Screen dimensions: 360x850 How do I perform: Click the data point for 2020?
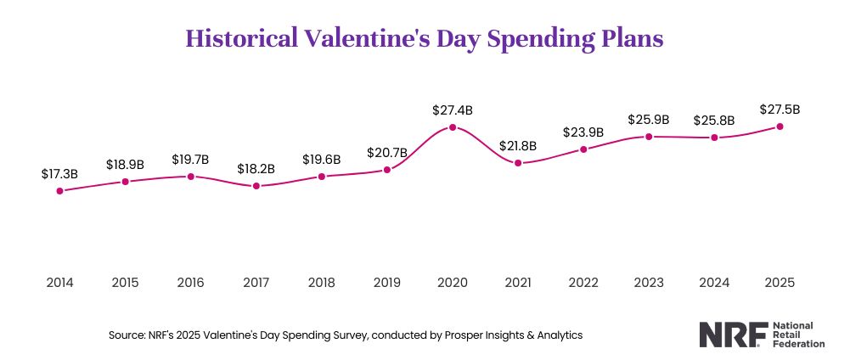[453, 127]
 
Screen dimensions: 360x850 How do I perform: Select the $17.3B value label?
[59, 173]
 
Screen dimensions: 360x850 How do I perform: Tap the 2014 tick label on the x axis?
[59, 281]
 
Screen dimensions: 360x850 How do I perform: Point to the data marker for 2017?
[256, 186]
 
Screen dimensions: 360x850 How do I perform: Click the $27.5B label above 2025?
[780, 110]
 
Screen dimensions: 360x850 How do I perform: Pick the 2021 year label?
[518, 281]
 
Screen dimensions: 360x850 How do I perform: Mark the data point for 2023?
[649, 136]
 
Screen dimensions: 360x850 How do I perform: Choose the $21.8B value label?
[518, 146]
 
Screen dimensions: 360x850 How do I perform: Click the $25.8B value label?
[714, 120]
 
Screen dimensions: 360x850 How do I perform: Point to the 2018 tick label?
[322, 281]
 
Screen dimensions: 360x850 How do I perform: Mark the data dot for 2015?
[125, 181]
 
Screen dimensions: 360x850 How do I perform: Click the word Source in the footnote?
[126, 335]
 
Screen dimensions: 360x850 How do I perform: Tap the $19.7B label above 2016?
[190, 159]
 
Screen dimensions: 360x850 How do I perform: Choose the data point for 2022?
[583, 149]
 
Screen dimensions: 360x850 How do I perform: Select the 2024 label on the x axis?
[714, 281]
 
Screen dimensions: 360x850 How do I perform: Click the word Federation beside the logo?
[795, 344]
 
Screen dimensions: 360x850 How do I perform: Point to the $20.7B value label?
[387, 153]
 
